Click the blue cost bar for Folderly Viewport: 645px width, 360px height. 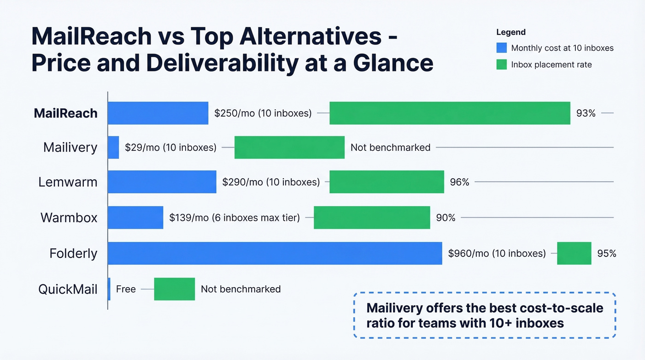click(275, 253)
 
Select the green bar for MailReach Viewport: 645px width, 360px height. click(450, 113)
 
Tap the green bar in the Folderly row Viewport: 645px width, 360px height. click(574, 253)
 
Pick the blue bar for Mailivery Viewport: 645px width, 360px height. click(113, 148)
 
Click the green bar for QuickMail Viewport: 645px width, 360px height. click(174, 289)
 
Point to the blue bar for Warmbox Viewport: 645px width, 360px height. click(135, 217)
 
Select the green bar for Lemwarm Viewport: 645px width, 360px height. click(387, 182)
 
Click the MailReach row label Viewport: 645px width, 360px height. click(65, 113)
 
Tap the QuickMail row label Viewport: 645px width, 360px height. click(68, 289)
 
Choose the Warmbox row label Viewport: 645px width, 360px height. click(69, 218)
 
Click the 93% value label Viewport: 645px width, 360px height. click(586, 113)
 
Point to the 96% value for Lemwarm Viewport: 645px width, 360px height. click(459, 182)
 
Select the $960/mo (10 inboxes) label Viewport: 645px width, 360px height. click(497, 253)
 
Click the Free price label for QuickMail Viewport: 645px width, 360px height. click(126, 289)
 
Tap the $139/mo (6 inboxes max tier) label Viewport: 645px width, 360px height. click(235, 218)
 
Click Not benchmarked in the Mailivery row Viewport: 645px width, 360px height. click(390, 148)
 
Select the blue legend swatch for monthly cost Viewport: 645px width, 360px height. click(501, 48)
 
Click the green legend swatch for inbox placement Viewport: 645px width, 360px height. click(501, 65)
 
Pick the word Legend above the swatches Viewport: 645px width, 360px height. click(511, 32)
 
